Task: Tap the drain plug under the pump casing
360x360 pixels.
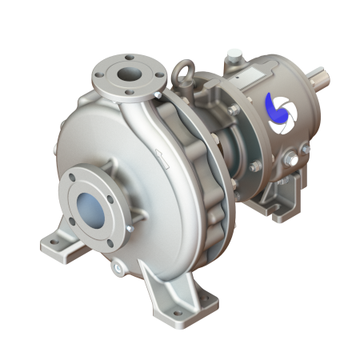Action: click(x=118, y=265)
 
